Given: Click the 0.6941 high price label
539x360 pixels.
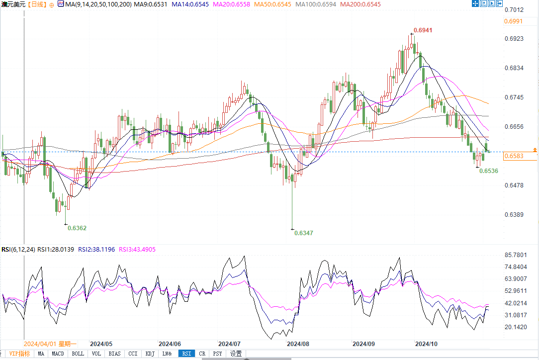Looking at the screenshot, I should (x=422, y=30).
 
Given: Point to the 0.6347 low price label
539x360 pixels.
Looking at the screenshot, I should (x=303, y=233).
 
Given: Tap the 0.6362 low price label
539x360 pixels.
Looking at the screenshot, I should (x=77, y=228).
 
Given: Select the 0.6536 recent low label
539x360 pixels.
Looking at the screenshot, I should (x=488, y=171).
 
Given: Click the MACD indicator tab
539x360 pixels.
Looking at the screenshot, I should (x=58, y=354).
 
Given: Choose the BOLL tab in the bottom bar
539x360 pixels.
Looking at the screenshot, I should (x=78, y=354).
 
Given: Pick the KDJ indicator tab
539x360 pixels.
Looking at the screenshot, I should (x=150, y=354).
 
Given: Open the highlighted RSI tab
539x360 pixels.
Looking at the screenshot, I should (x=186, y=354).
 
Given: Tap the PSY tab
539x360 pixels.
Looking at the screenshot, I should (x=217, y=354).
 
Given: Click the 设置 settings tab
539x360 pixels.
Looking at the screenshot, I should (x=236, y=354).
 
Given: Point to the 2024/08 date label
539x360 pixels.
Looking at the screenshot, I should (x=298, y=344).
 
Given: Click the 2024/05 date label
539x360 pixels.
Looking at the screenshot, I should (x=101, y=344).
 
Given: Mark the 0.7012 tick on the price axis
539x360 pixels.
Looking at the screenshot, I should (x=514, y=10).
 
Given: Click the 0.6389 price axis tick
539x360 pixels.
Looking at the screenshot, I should (x=514, y=215).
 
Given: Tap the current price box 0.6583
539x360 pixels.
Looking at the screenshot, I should (x=514, y=157).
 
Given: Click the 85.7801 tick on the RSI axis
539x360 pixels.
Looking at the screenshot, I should (x=516, y=255).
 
